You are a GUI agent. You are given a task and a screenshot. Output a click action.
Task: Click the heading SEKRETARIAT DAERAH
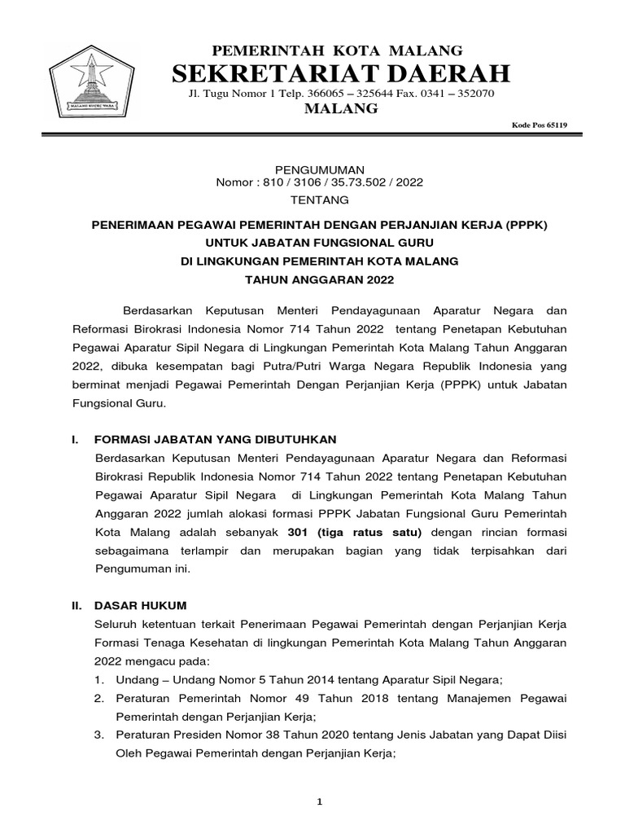coord(342,73)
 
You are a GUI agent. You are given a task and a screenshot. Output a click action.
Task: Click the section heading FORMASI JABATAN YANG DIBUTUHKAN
coord(216,439)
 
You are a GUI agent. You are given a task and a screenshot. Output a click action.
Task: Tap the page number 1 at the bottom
coord(320,802)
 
